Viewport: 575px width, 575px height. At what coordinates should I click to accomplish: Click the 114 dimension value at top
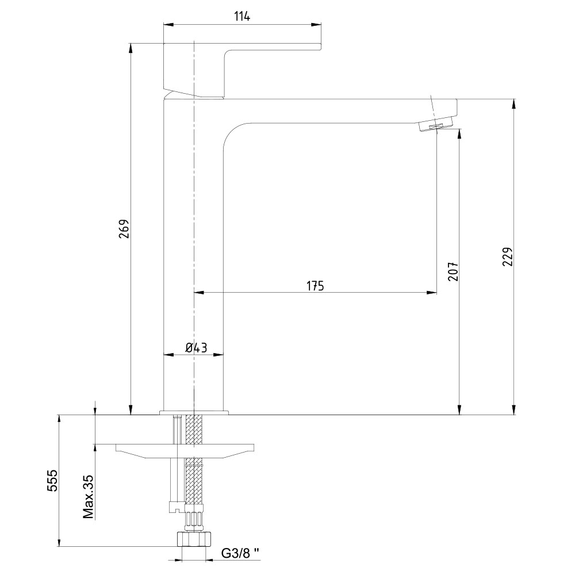[x=241, y=17]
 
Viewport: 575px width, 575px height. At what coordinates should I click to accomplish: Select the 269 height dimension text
[x=124, y=229]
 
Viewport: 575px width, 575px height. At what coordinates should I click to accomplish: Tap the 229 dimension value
[x=507, y=256]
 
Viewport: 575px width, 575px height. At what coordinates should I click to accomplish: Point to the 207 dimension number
[x=453, y=271]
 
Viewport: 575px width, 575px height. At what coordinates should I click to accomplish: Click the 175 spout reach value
[x=315, y=286]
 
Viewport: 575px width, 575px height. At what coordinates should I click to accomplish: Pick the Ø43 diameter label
[x=196, y=347]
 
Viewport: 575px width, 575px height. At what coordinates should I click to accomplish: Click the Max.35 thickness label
[x=88, y=497]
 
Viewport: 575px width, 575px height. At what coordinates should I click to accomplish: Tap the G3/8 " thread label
[x=240, y=553]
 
